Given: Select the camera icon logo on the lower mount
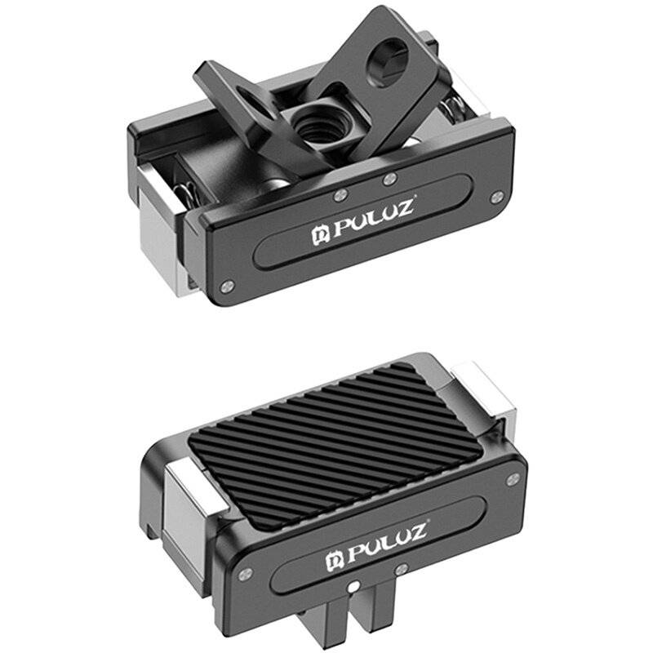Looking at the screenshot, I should [x=334, y=557].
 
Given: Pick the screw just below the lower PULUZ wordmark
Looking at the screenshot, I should [x=400, y=568].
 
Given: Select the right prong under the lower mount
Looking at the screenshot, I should [x=362, y=624].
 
